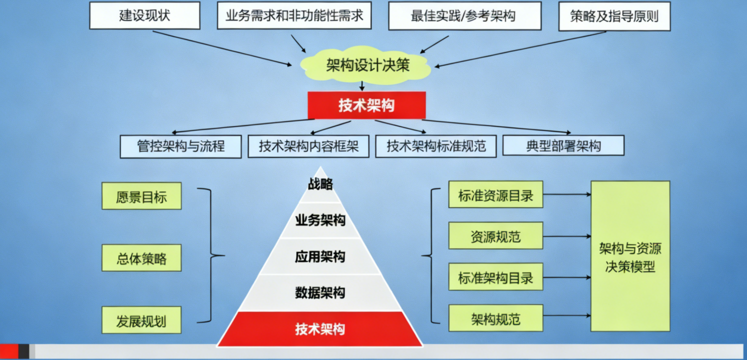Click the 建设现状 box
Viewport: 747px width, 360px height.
[144, 15]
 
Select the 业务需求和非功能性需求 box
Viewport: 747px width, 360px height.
[294, 15]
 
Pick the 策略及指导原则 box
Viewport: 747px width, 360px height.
[614, 16]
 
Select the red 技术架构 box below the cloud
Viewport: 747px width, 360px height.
[366, 105]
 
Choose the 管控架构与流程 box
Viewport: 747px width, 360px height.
[180, 146]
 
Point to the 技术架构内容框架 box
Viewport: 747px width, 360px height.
[308, 146]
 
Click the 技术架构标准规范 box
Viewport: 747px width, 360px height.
[435, 146]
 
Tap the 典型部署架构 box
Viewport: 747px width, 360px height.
[563, 146]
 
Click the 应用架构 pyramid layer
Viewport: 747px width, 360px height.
[320, 257]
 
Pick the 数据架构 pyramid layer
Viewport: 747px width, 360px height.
[320, 292]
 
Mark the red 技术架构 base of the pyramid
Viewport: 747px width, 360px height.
[320, 329]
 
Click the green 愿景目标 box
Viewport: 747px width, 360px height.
[141, 196]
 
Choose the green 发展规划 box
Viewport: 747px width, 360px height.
[141, 320]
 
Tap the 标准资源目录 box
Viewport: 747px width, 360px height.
[495, 194]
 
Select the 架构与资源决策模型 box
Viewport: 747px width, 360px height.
[630, 256]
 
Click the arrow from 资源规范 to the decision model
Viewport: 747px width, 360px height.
[566, 236]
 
